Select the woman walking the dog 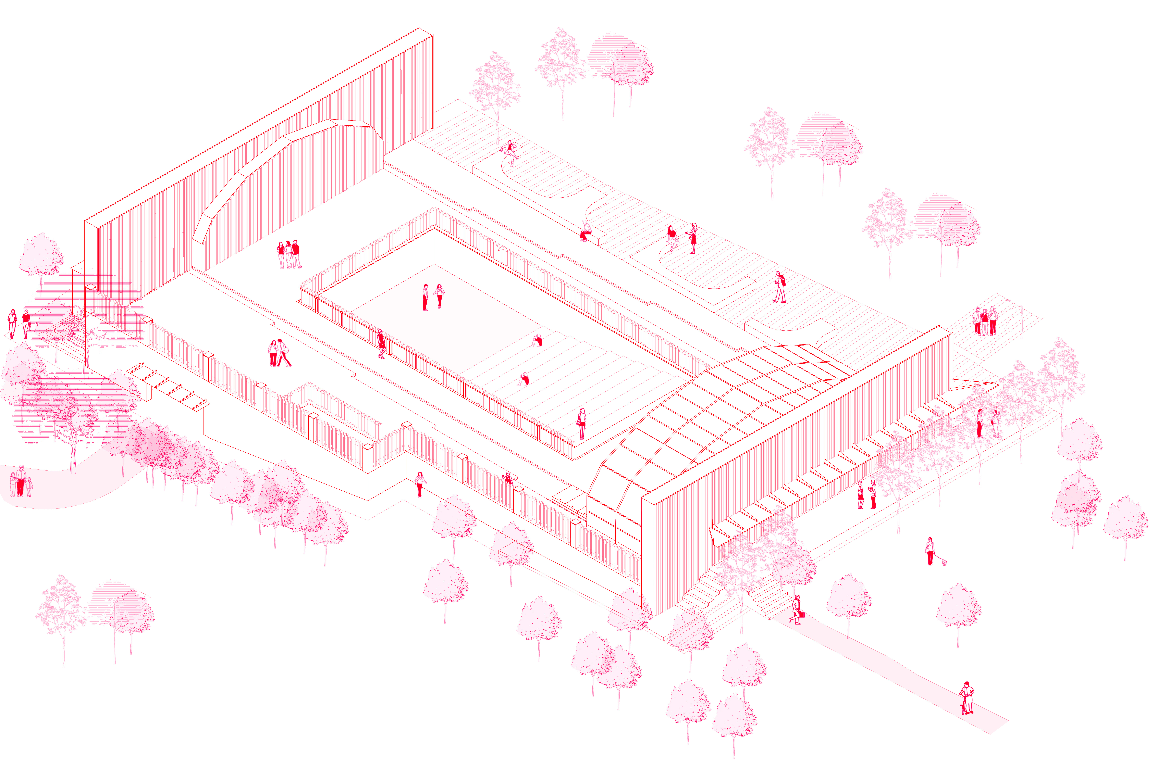coord(930,551)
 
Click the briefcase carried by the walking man coord(802,615)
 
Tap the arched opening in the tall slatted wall coord(289,196)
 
